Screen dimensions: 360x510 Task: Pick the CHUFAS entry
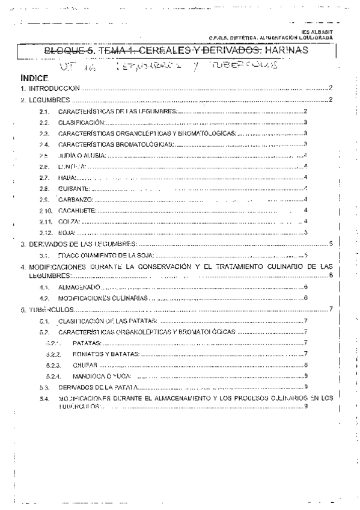point(84,364)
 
